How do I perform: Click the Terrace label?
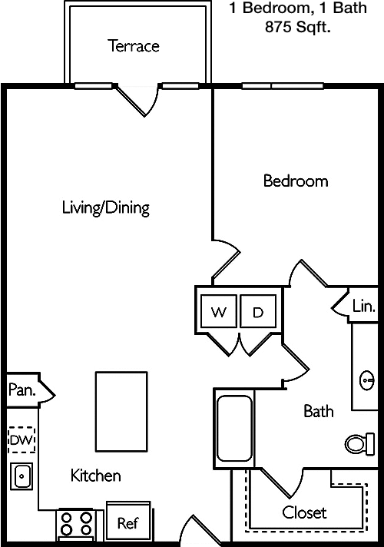coord(133,46)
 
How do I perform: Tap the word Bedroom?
coord(296,181)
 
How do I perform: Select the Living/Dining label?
coord(106,207)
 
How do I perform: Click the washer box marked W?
coord(219,311)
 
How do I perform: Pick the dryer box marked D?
coord(258,311)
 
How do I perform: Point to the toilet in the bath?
coord(360,444)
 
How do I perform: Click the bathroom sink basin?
coord(366,380)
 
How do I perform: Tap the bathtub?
coord(234,429)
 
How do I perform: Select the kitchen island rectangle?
coord(121,412)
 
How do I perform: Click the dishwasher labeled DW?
coord(22,440)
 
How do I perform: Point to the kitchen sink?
coord(22,476)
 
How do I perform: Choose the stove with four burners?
coord(76,525)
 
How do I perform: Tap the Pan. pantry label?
coord(22,390)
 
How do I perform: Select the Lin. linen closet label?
coord(364,306)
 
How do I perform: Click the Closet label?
coord(304,512)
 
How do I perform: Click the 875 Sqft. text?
coord(298,27)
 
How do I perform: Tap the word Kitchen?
coord(95,476)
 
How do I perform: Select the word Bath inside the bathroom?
coord(319,411)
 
